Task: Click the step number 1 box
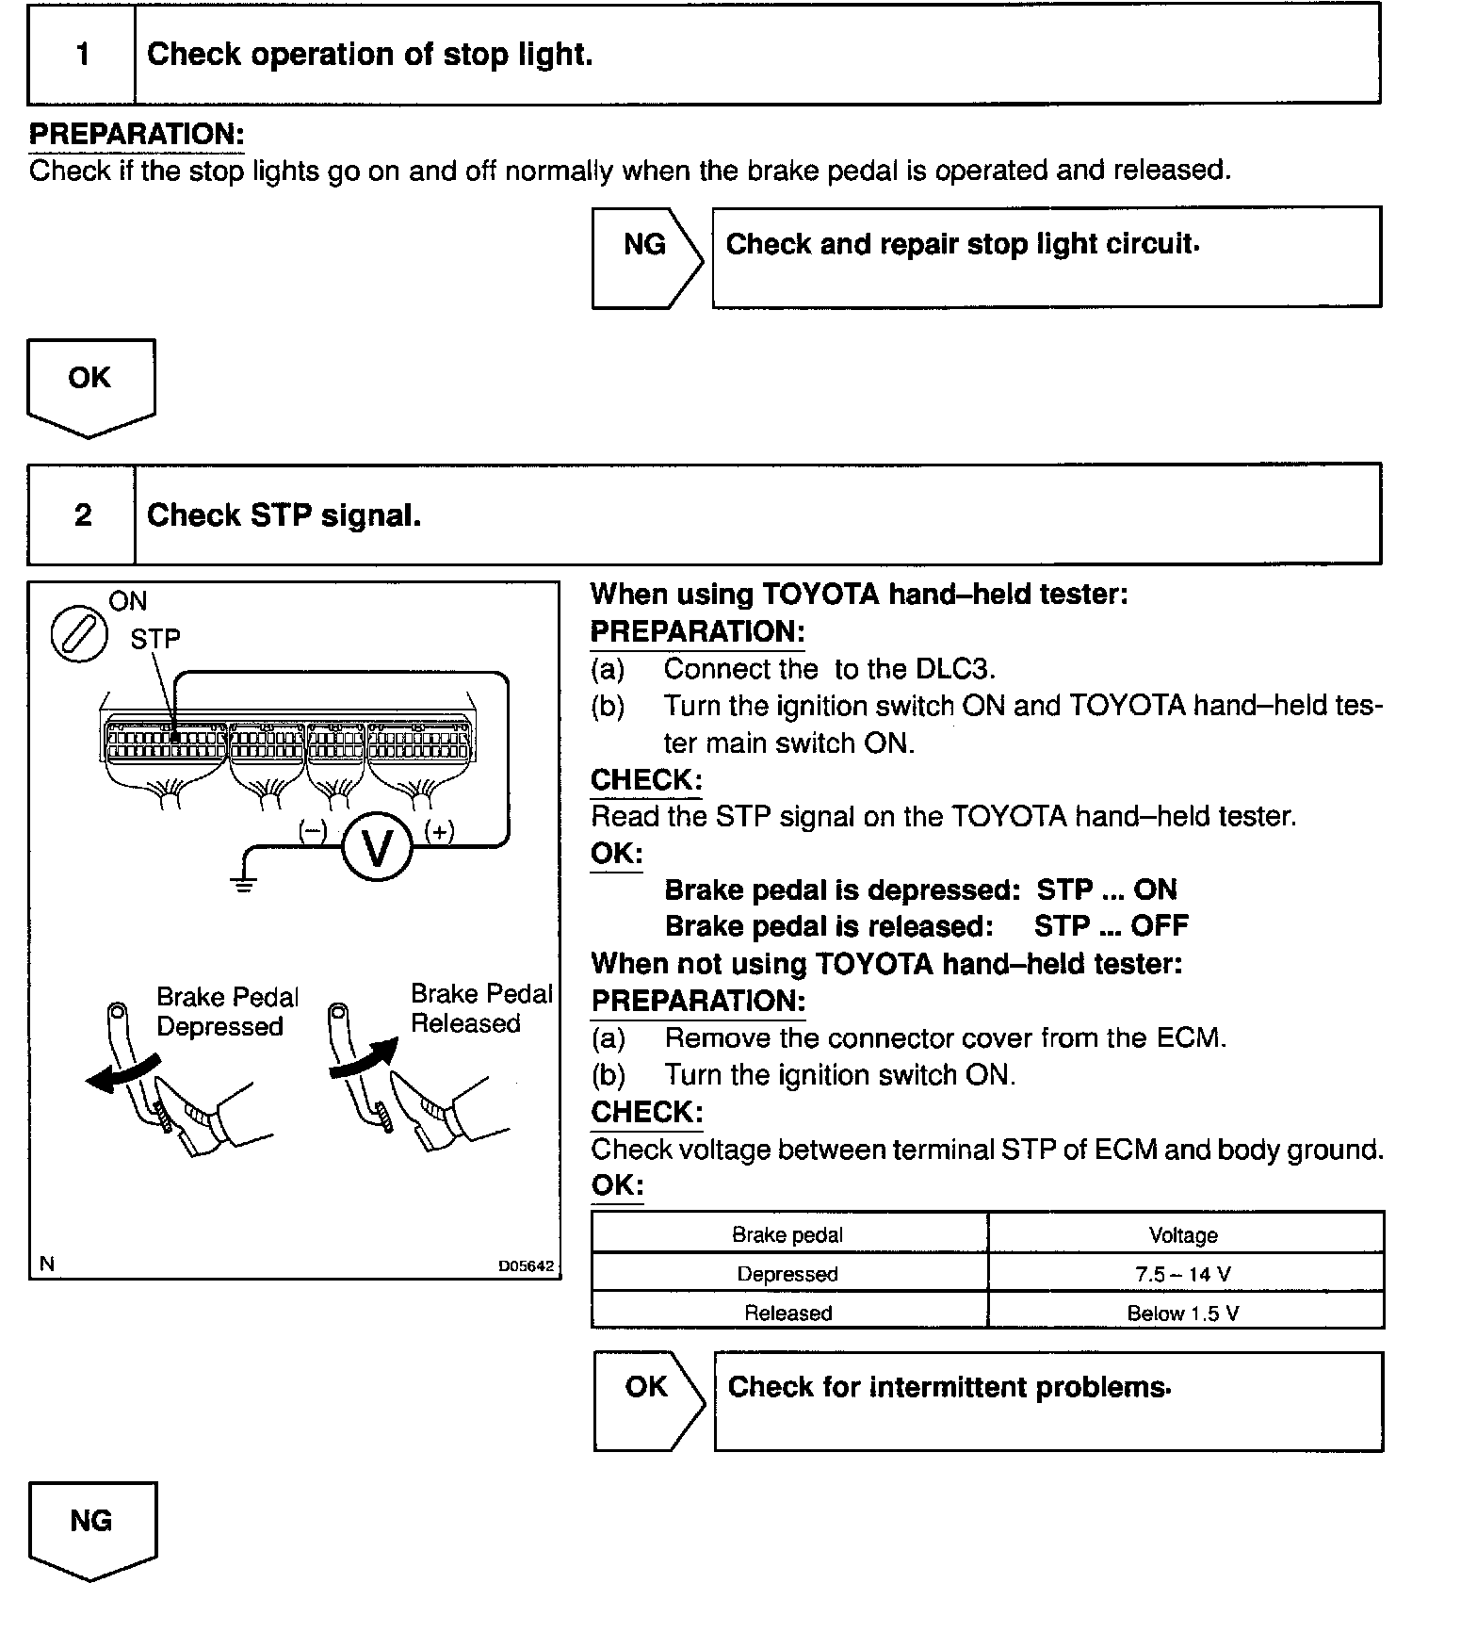(82, 55)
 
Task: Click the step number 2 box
(82, 515)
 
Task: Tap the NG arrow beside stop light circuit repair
(646, 256)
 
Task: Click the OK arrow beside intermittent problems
(648, 1400)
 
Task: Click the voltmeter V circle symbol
(377, 848)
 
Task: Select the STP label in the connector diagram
(155, 639)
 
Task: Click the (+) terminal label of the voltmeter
(439, 830)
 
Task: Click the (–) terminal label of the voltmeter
(313, 830)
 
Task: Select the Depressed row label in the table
(787, 1274)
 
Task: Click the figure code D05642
(526, 1266)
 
